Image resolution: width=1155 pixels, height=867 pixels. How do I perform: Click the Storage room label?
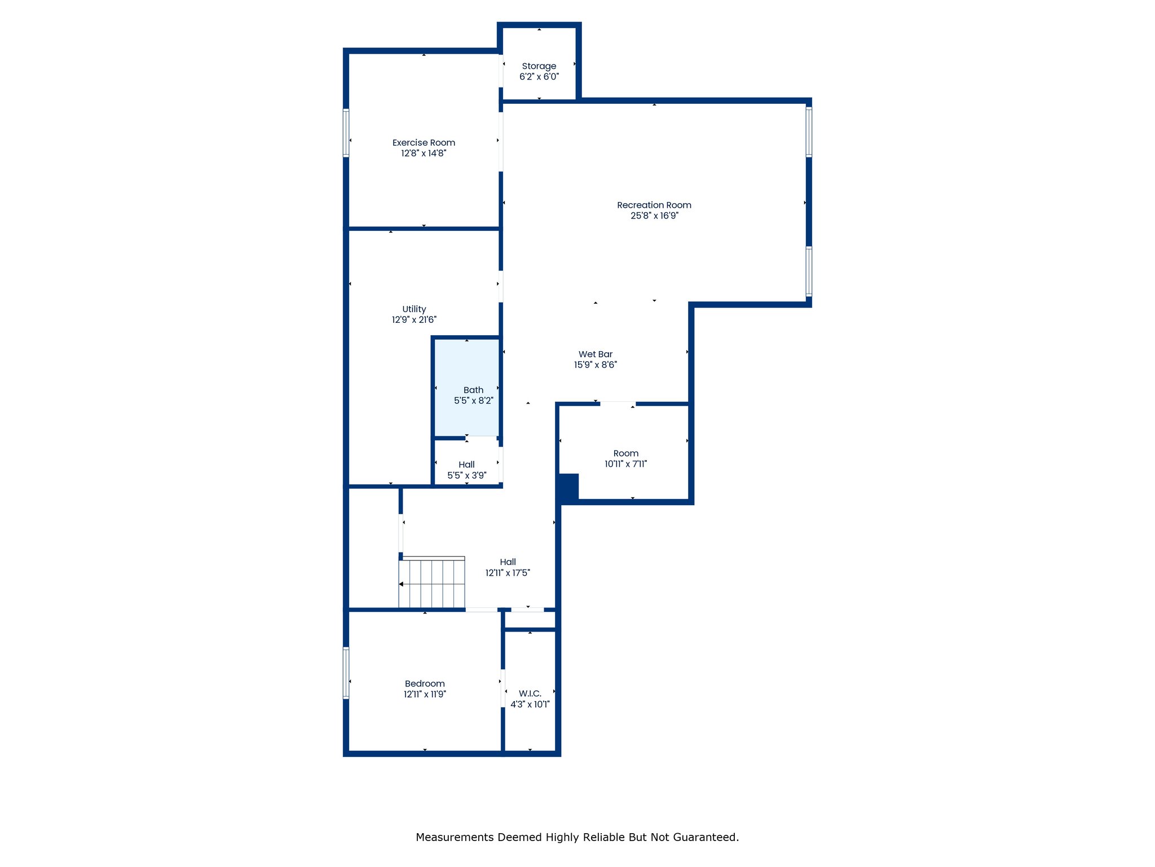click(539, 66)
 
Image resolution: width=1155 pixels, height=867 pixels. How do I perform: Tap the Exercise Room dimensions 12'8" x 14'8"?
click(424, 154)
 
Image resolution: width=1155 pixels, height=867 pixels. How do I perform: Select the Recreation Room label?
click(654, 205)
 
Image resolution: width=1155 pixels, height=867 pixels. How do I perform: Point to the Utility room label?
click(414, 309)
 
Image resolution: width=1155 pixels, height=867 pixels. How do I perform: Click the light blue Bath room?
click(466, 387)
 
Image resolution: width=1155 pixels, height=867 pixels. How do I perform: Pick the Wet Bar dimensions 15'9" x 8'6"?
click(596, 365)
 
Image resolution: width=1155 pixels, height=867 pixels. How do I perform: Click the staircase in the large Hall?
click(432, 583)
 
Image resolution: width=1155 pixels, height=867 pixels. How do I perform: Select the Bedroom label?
click(425, 684)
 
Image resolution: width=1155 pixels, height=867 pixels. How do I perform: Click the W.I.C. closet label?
click(530, 694)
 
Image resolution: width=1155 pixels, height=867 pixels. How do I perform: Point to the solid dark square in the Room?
click(568, 487)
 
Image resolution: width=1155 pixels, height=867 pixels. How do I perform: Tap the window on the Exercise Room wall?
click(346, 133)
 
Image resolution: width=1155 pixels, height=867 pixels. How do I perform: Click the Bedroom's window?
click(346, 673)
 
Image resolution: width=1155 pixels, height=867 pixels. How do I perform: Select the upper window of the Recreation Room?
click(809, 132)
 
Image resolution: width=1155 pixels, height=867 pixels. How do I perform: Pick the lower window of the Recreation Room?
click(809, 272)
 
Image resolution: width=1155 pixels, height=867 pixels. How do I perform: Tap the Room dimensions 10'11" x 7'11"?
click(626, 464)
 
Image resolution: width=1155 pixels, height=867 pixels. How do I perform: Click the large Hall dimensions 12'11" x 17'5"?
click(508, 573)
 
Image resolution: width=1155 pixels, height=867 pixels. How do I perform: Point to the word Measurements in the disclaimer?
click(455, 837)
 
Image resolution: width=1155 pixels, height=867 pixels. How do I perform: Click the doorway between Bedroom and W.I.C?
click(502, 688)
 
